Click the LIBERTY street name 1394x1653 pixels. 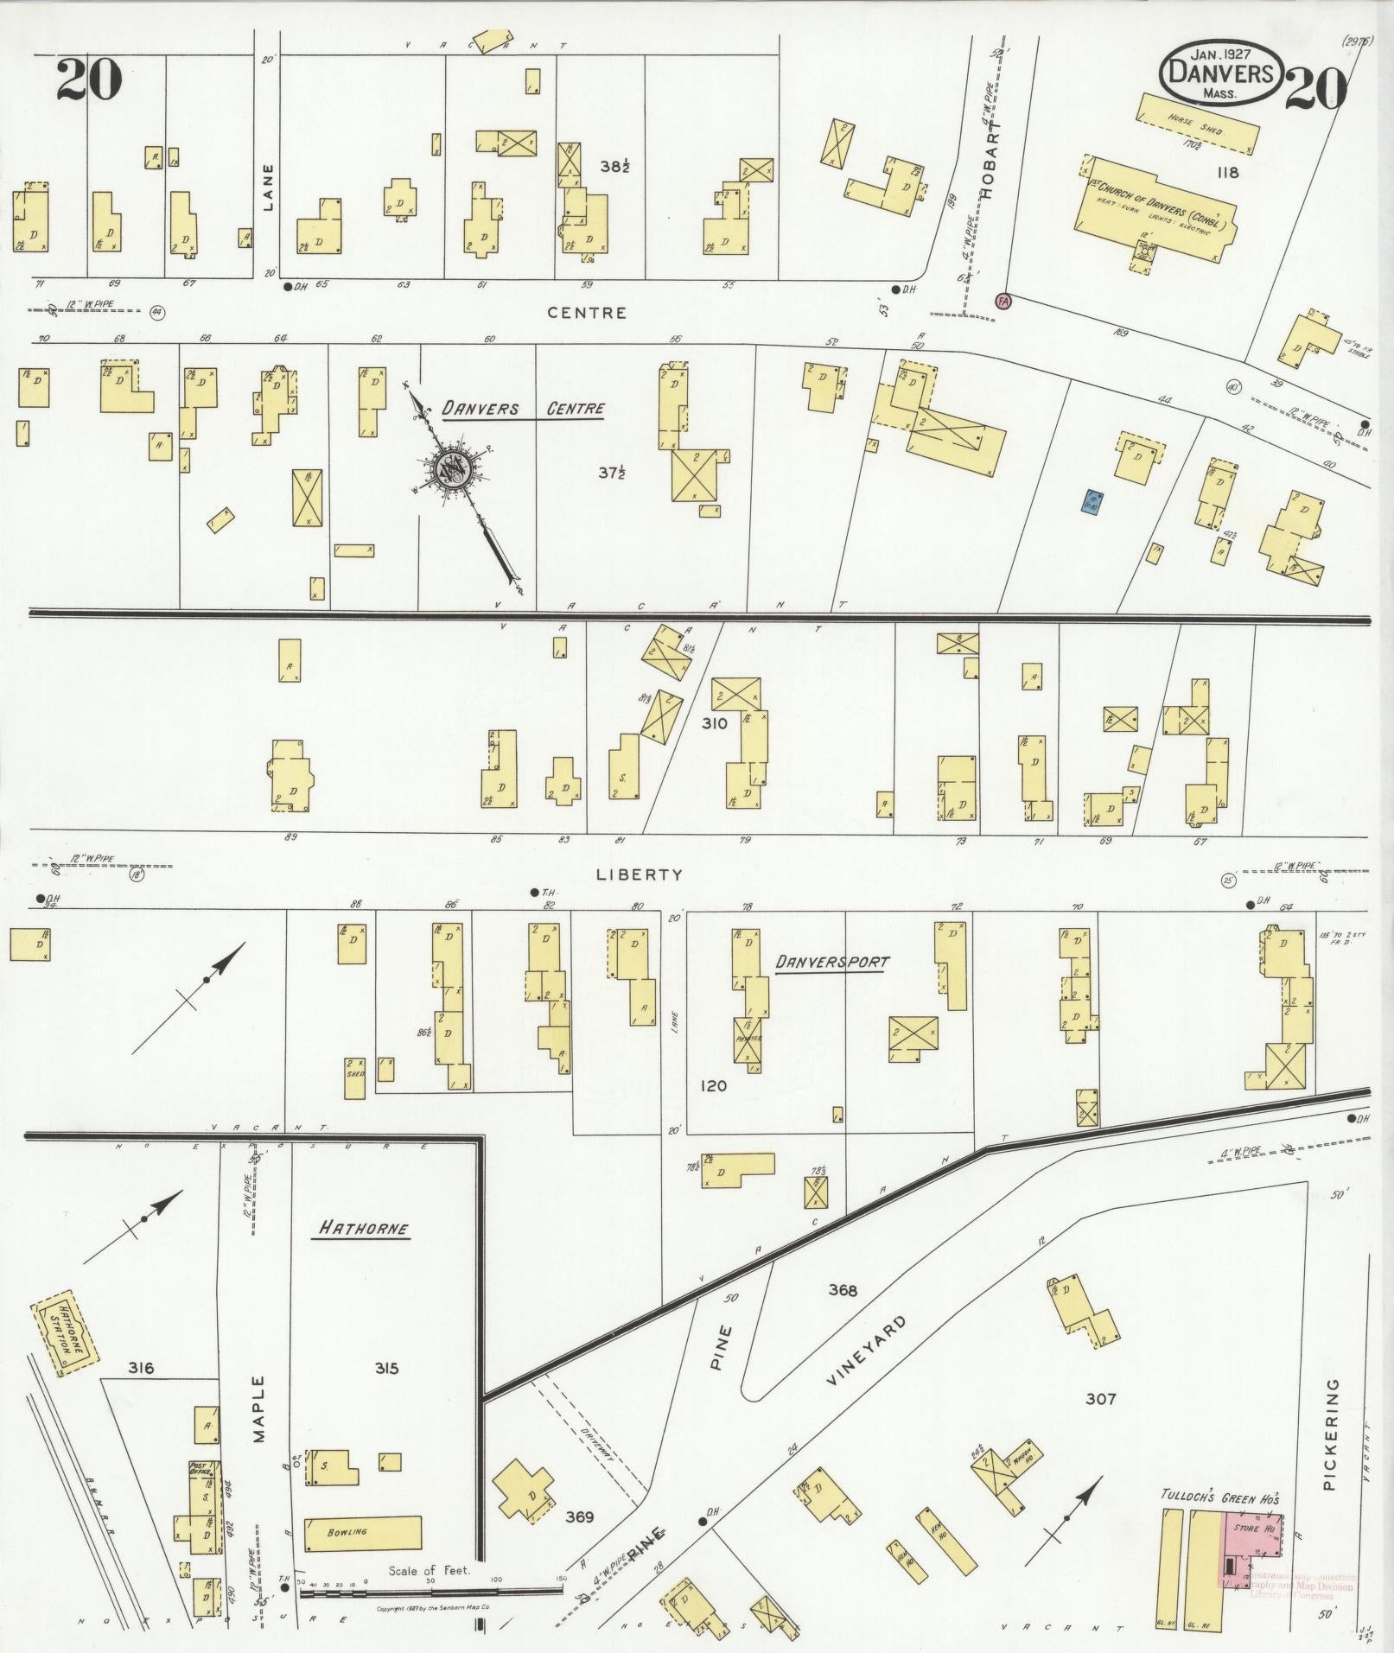coord(640,874)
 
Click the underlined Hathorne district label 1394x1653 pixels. coord(362,1228)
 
